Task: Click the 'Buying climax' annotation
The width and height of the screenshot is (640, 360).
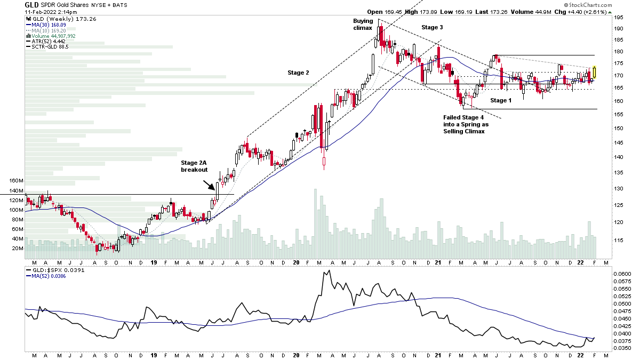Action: pyautogui.click(x=363, y=25)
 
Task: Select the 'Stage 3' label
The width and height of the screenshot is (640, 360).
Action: pyautogui.click(x=432, y=27)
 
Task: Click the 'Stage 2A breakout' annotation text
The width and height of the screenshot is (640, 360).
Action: pyautogui.click(x=194, y=165)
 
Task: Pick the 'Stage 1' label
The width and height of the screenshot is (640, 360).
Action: pyautogui.click(x=501, y=100)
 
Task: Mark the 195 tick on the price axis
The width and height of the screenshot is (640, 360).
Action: pyautogui.click(x=619, y=18)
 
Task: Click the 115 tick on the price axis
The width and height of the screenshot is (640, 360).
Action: pyautogui.click(x=619, y=241)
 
